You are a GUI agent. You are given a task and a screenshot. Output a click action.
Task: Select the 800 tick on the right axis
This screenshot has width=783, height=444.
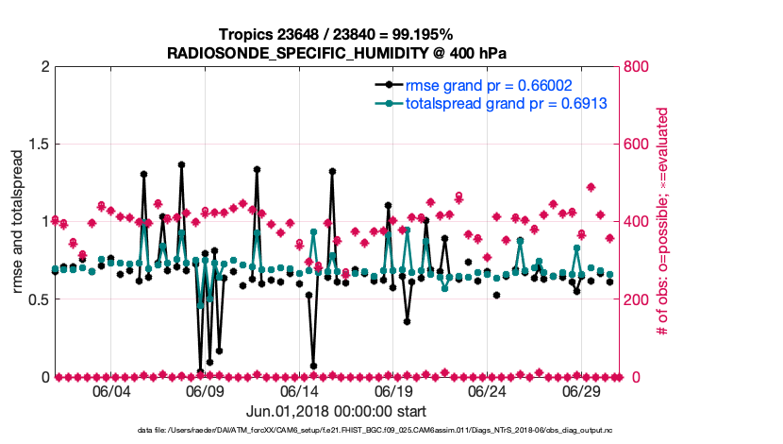tap(637, 67)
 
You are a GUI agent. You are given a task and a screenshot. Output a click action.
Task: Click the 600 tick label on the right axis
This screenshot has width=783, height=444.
tap(637, 145)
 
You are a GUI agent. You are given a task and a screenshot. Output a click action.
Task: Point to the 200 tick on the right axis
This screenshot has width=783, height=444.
tap(637, 299)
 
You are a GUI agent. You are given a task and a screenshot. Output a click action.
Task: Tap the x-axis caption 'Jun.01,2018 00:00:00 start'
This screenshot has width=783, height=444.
tap(336, 411)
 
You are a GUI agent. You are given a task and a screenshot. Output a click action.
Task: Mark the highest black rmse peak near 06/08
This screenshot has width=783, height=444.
tap(181, 164)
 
